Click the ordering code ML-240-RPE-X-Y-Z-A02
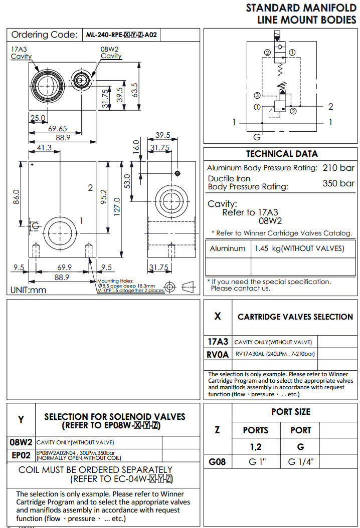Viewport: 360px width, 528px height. coord(122,35)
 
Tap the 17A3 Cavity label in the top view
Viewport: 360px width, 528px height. coord(21,53)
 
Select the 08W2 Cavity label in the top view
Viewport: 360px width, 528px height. coord(111,53)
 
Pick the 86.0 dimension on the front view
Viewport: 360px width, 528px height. coord(16,196)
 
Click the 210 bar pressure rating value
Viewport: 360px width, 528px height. coord(338,168)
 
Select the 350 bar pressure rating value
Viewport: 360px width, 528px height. coord(338,183)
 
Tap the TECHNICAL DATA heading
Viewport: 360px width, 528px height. coord(281,154)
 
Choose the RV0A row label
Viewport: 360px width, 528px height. coord(218,355)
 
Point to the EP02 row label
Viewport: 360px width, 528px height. coord(21,455)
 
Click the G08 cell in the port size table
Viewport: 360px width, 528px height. coord(217,461)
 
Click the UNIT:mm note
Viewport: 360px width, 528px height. coord(28,290)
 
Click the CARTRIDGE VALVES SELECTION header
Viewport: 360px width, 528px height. coord(295,317)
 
